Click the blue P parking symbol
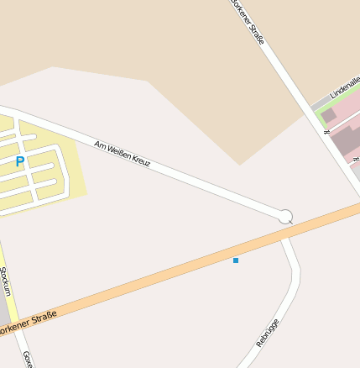20,161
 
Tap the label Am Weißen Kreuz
123,152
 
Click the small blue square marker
236,260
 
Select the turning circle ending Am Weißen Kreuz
285,217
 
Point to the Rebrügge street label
267,333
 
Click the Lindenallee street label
345,85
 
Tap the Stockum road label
5,281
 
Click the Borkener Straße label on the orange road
29,323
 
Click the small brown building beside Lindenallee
329,115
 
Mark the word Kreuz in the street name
139,159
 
